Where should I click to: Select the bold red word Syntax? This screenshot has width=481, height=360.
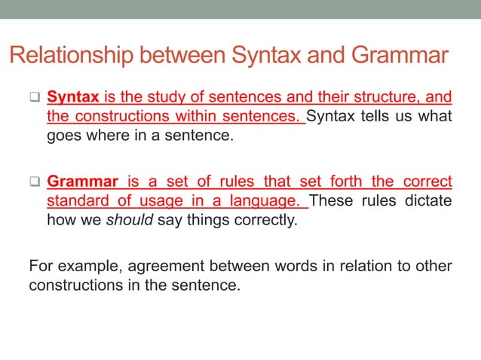[73, 98]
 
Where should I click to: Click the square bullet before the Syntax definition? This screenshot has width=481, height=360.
[34, 99]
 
